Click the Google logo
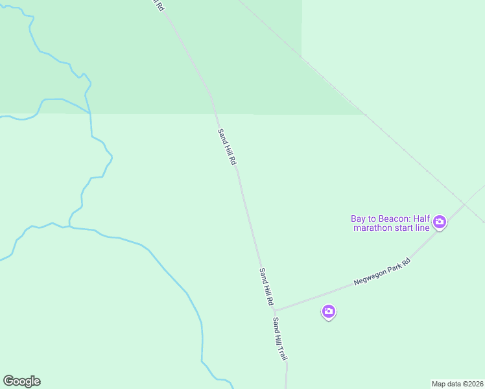[21, 381]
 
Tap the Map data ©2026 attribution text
[457, 384]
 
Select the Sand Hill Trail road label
[280, 339]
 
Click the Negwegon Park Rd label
[383, 272]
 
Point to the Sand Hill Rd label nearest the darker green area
[226, 147]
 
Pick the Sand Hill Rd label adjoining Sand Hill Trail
[266, 287]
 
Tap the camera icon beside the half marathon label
[440, 223]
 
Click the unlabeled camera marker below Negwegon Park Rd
[329, 312]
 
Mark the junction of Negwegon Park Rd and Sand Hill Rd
[275, 309]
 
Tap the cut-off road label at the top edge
[158, 5]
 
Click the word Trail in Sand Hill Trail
[283, 351]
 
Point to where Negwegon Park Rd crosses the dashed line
[465, 204]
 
